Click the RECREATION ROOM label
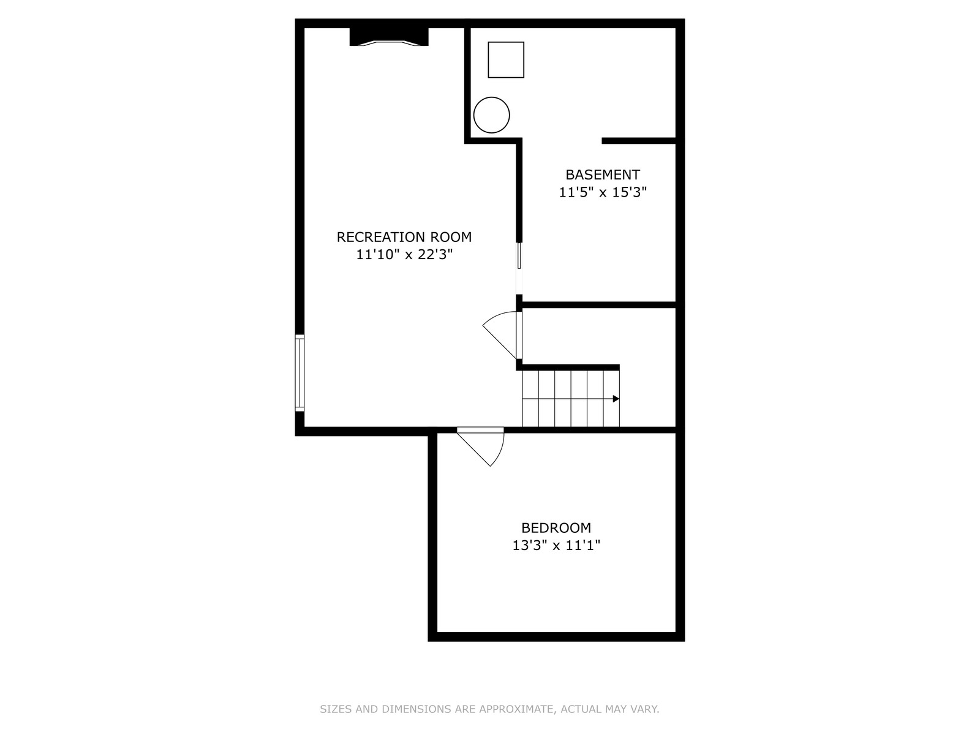404,237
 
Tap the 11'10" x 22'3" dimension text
404,254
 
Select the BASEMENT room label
603,175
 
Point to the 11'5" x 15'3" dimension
603,192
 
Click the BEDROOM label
556,528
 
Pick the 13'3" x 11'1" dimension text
556,545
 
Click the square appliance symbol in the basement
506,60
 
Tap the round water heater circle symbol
492,115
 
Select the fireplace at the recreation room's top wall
389,37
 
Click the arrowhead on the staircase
616,399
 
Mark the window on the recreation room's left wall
300,372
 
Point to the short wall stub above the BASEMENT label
639,141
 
